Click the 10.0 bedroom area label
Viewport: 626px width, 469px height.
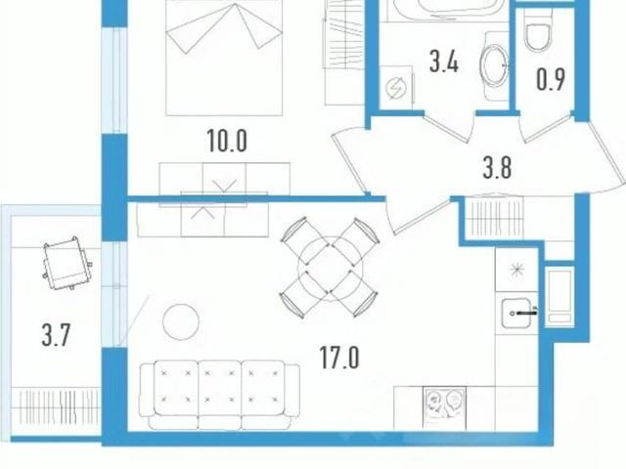(227, 141)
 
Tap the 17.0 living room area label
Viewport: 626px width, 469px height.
(339, 358)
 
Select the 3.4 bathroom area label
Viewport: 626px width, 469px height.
(444, 62)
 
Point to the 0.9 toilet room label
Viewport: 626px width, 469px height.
(551, 79)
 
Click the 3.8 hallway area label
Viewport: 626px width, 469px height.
(497, 167)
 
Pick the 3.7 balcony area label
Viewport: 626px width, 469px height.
(56, 335)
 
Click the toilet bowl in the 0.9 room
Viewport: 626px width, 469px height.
(539, 31)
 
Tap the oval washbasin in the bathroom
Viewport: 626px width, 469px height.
(494, 65)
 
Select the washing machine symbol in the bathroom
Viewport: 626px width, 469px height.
(396, 87)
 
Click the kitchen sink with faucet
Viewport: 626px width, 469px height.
(517, 313)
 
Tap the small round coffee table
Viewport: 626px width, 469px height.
(181, 321)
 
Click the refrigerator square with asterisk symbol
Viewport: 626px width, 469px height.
(516, 270)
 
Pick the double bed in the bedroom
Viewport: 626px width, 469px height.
(224, 58)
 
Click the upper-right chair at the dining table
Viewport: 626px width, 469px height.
(356, 239)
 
